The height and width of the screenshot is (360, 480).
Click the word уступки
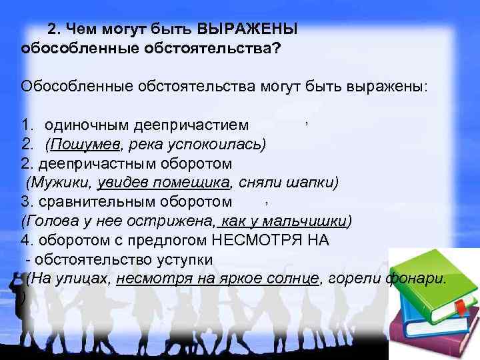click(190, 259)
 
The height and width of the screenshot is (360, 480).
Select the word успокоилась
click(222, 144)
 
